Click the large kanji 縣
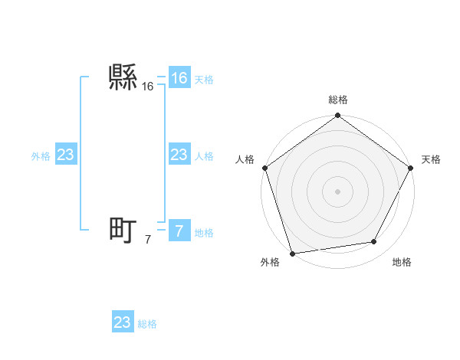123,77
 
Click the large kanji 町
123,231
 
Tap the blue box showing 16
179,78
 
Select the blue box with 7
179,231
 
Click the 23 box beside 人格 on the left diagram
179,155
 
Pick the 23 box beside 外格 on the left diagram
65,155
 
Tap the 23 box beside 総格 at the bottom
123,322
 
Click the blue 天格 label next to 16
204,80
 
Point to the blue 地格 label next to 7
204,233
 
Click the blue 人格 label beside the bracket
204,156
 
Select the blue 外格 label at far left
41,156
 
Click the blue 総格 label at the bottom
147,324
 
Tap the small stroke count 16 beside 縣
148,87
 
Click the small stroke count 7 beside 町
148,241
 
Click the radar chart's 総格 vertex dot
337,116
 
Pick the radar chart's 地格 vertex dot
374,242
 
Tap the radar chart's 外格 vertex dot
292,253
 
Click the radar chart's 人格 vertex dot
265,168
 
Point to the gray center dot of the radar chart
337,191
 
